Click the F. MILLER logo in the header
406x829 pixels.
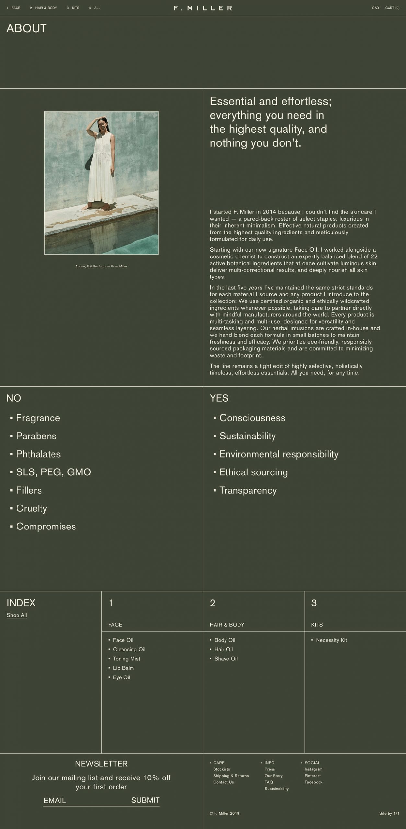coord(203,8)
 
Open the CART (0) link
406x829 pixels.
coord(392,8)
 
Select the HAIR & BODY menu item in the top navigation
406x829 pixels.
coord(46,8)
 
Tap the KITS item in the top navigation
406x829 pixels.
coord(75,8)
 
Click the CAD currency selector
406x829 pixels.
coord(375,8)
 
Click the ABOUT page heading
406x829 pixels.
coord(27,28)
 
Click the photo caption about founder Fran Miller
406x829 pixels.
coord(101,267)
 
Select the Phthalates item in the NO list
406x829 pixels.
coord(38,454)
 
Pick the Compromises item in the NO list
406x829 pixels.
coord(46,526)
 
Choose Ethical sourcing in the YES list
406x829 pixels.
coord(253,472)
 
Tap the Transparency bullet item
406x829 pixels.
coord(248,490)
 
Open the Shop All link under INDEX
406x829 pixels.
coord(17,615)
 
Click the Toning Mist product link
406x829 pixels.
coord(126,659)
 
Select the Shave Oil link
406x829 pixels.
coord(226,659)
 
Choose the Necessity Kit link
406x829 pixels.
coord(331,640)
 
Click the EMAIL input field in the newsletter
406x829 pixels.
coord(84,800)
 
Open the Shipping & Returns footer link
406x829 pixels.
coord(231,776)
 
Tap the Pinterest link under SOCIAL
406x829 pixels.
coord(312,776)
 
